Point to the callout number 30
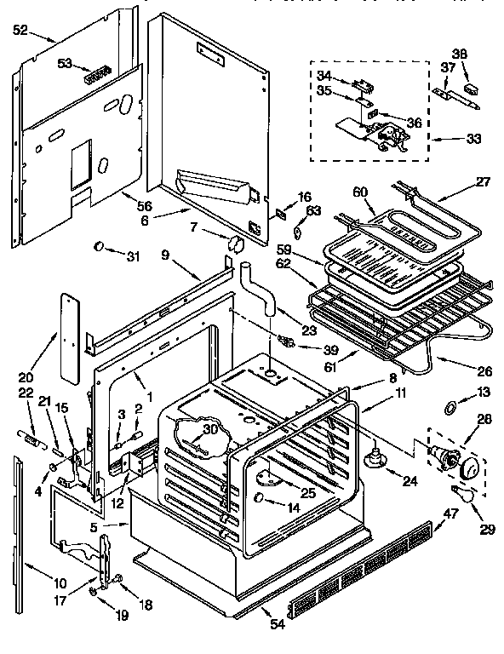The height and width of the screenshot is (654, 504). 209,429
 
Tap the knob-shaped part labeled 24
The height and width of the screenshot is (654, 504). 372,460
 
